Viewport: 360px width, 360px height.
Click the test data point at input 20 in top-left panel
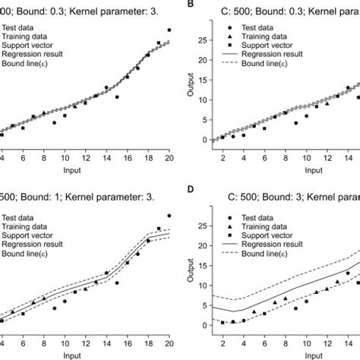click(x=169, y=30)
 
